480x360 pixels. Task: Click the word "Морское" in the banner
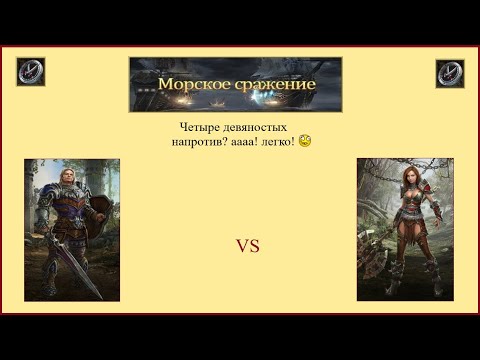(192, 85)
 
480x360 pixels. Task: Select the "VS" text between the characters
(247, 245)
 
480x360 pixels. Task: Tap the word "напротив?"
(197, 143)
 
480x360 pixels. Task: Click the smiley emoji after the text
(304, 142)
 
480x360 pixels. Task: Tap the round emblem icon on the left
(30, 72)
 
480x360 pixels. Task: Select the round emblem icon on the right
(450, 73)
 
